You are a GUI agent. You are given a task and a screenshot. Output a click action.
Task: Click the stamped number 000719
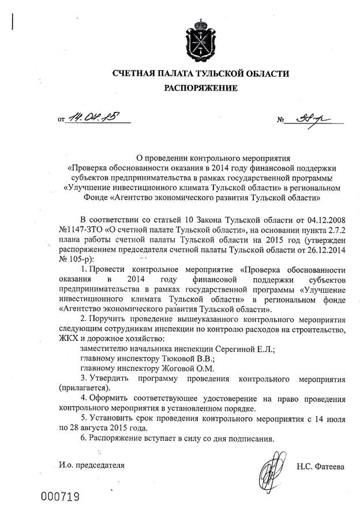point(59,496)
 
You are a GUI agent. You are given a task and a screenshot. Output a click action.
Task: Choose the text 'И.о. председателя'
point(91,464)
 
